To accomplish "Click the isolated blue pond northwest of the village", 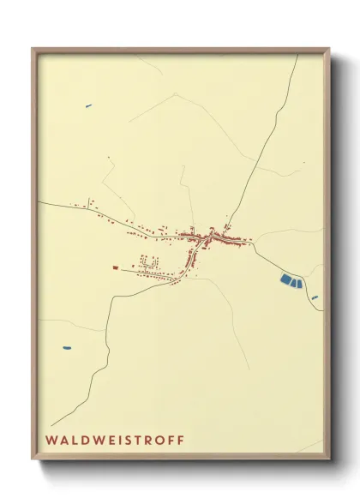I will (x=87, y=106).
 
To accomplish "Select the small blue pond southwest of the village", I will (x=66, y=348).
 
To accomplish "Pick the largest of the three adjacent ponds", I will (x=285, y=279).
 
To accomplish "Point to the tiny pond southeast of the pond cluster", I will (x=315, y=297).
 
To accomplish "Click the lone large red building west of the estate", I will (x=114, y=267).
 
